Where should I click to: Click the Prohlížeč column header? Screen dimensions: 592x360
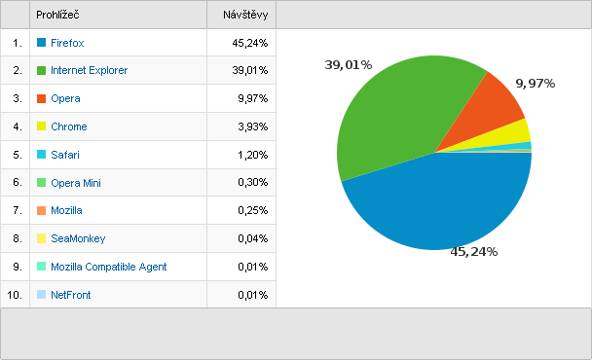57,15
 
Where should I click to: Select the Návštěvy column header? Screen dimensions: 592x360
245,15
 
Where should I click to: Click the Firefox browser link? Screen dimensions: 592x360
67,43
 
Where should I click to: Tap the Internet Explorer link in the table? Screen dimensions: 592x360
90,70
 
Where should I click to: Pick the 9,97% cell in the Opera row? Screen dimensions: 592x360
252,98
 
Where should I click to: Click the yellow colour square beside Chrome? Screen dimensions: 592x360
41,126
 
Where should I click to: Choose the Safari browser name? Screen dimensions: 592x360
65,155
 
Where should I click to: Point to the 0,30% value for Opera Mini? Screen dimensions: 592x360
252,182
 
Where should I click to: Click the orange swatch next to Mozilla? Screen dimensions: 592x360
41,210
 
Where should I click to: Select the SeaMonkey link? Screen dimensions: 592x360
78,238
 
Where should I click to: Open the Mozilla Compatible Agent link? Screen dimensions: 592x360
108,267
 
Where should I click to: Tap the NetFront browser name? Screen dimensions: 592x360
71,295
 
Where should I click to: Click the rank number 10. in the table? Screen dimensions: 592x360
15,295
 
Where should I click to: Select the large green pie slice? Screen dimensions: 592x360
392,113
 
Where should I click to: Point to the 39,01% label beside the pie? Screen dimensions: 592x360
349,65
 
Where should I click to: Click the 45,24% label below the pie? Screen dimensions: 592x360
474,252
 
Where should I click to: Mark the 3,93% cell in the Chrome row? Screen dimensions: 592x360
252,126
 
